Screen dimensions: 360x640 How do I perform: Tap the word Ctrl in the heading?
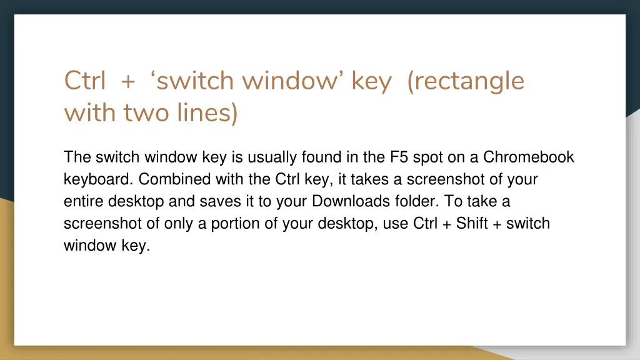tap(85, 81)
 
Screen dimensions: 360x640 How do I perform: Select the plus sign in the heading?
tap(129, 82)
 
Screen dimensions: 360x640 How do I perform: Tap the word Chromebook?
tap(529, 157)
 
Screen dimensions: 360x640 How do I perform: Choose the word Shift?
tap(472, 223)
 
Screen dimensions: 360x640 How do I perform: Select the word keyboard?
tap(97, 179)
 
